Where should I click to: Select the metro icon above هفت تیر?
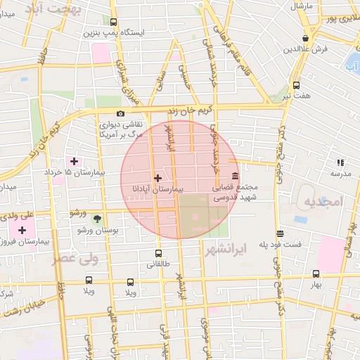click(296, 84)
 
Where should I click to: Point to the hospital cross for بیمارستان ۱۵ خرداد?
click(75, 161)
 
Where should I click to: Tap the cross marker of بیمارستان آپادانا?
click(157, 179)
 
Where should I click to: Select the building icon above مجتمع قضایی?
click(235, 176)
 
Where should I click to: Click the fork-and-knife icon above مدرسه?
click(340, 162)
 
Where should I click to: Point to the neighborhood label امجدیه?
click(322, 202)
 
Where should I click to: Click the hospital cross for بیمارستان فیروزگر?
click(22, 230)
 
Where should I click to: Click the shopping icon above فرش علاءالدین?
click(305, 39)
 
